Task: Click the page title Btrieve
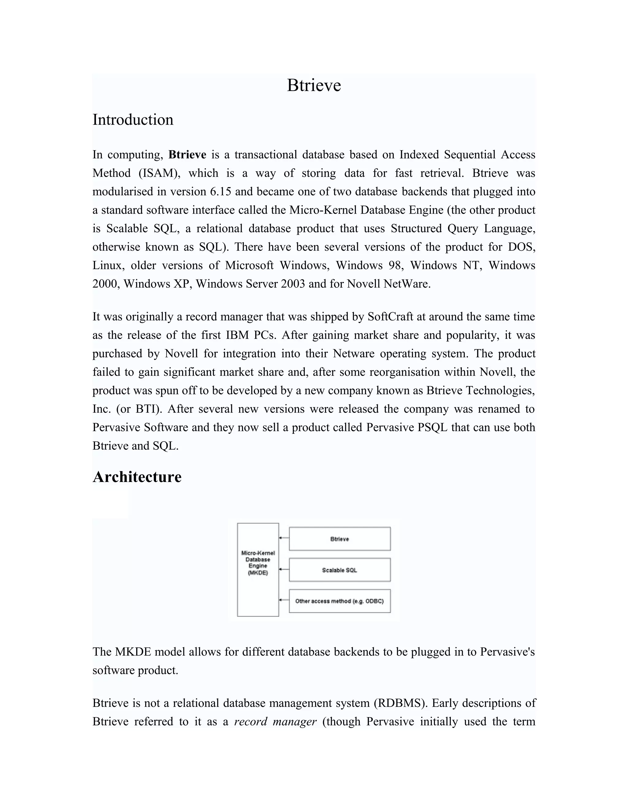click(x=314, y=85)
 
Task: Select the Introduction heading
click(x=133, y=120)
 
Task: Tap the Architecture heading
click(x=137, y=477)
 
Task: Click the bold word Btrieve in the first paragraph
click(x=187, y=155)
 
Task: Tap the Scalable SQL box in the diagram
click(x=339, y=570)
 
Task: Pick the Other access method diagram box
click(x=339, y=601)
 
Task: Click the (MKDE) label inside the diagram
click(x=258, y=573)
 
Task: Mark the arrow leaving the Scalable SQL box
click(x=284, y=569)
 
